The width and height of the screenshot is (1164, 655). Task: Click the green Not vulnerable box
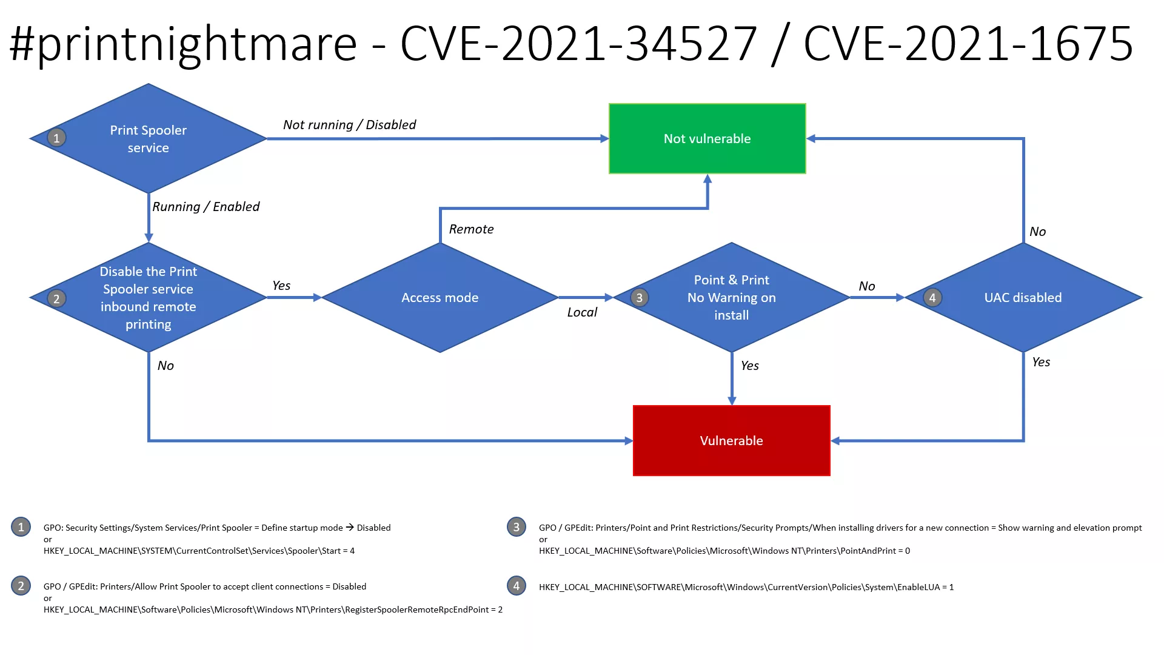point(707,139)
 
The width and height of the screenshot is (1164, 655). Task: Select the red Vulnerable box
point(732,441)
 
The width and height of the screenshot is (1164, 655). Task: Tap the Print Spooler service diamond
point(149,139)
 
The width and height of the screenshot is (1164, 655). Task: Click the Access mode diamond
point(440,298)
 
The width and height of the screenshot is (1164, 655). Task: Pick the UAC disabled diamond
point(1023,298)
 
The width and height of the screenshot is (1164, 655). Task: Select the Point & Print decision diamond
point(732,298)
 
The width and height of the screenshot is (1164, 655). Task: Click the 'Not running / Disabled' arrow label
point(350,125)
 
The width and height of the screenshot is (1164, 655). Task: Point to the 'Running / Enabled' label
point(206,207)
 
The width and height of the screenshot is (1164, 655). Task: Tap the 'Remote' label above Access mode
point(472,229)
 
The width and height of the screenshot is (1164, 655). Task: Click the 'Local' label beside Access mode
point(582,312)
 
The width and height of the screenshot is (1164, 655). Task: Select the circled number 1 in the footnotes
point(21,527)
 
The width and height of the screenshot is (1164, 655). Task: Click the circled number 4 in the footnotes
point(517,586)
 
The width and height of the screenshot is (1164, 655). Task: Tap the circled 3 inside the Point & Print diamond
point(640,298)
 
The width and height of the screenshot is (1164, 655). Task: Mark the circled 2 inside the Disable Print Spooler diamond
point(56,298)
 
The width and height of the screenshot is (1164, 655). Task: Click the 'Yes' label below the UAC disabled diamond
point(1041,362)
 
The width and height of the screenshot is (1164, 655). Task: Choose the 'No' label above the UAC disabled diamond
point(1038,232)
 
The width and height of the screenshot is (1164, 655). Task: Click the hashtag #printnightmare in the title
point(183,44)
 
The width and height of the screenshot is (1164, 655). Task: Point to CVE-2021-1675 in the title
point(969,44)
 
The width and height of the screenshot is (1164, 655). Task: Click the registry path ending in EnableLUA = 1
point(746,587)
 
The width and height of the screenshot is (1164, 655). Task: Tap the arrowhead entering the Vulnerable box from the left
point(629,441)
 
